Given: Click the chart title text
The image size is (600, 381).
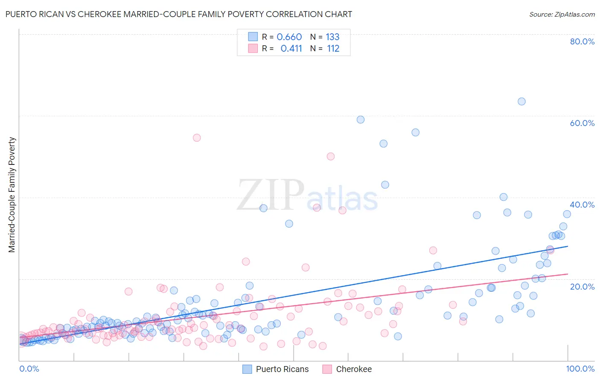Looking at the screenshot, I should (178, 14).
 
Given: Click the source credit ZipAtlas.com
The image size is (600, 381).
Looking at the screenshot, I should (562, 14).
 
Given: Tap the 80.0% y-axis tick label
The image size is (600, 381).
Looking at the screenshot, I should (582, 41).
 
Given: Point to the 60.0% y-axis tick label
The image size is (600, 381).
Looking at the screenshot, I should (582, 123).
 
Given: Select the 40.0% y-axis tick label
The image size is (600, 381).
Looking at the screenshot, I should (582, 205).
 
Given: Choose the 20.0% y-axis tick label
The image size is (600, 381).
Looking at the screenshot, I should (582, 287).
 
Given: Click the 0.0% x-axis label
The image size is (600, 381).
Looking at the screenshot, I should (29, 369).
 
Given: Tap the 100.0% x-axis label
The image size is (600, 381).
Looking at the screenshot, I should (580, 369).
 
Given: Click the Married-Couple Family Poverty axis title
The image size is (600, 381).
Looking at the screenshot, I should (12, 195).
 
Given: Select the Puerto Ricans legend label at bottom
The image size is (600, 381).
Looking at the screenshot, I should (282, 369).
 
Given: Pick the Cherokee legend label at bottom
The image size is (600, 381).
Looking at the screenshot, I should (354, 369).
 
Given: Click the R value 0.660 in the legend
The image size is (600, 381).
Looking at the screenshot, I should (289, 37).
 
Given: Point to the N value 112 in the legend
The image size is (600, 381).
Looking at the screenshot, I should (333, 48).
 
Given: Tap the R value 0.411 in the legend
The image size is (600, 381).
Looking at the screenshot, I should (291, 48).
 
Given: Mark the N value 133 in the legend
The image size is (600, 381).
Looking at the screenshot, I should (332, 37).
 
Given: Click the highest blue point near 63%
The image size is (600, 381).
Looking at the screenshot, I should (521, 101).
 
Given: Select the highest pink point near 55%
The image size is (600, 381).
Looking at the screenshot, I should (197, 138).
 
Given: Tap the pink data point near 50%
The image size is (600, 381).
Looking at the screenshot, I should (330, 156).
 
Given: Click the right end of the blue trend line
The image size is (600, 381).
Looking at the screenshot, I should (568, 246).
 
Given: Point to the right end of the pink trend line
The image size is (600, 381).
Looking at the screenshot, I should (568, 274).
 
